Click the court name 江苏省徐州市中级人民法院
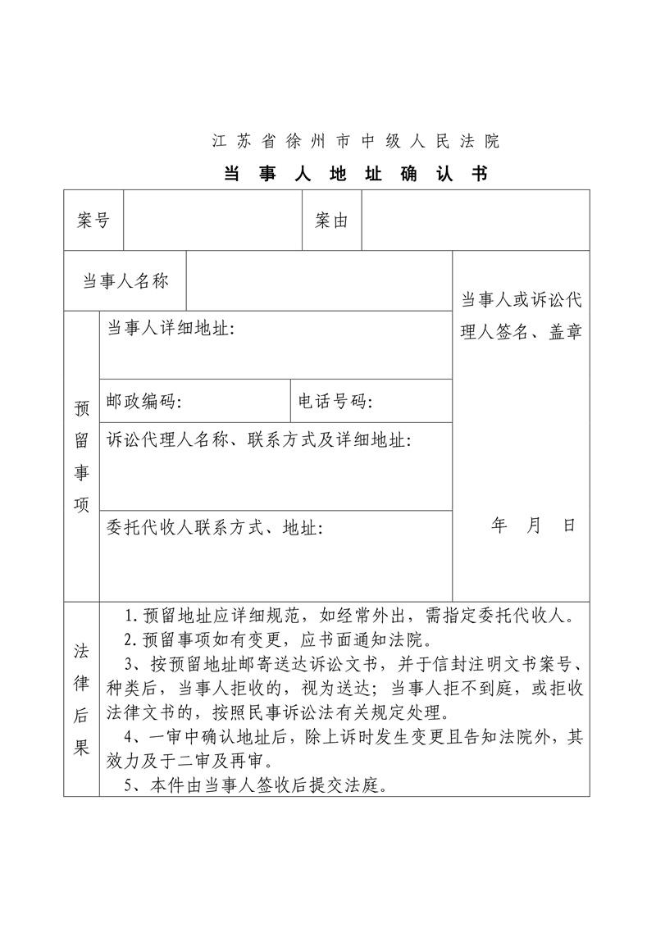click(356, 141)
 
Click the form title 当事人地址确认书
click(356, 174)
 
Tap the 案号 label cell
click(93, 221)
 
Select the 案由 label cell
click(332, 221)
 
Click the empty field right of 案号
click(212, 221)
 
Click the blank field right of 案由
click(475, 221)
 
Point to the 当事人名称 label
click(125, 281)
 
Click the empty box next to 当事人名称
click(319, 281)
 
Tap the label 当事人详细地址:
click(171, 329)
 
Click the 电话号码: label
click(335, 402)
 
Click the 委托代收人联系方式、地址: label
click(215, 527)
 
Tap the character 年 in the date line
click(499, 525)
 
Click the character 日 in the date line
click(569, 525)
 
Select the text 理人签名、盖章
click(521, 333)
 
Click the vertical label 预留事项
click(82, 456)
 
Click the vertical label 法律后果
click(82, 698)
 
